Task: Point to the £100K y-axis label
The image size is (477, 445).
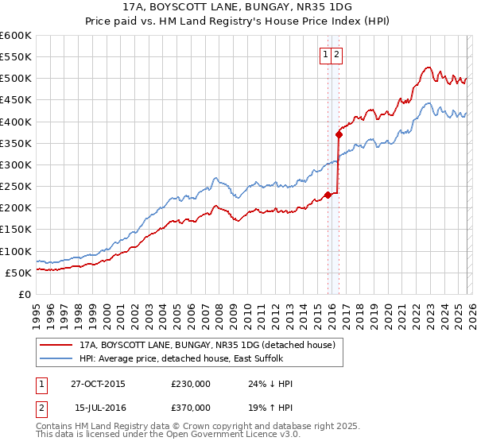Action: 16,251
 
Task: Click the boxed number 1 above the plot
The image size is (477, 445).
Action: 326,55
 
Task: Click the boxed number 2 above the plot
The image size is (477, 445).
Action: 337,55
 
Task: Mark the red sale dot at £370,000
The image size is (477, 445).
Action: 338,134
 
